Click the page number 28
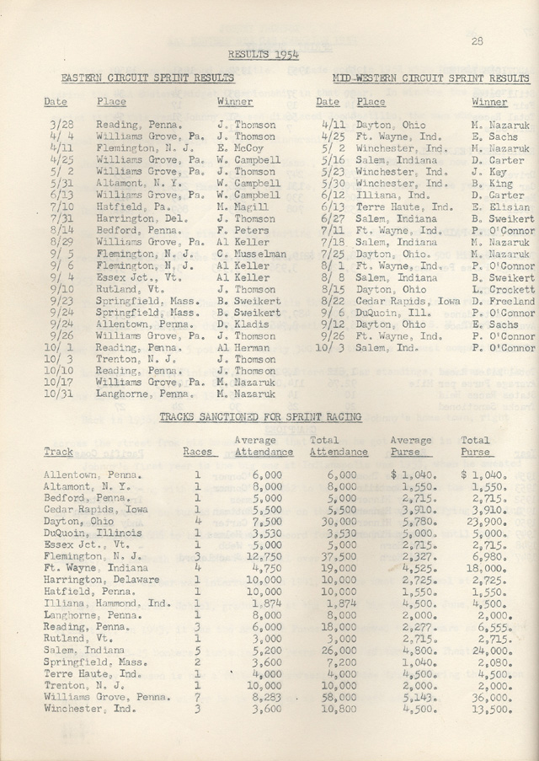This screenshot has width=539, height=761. click(x=477, y=40)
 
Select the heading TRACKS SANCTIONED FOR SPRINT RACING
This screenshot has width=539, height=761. click(x=260, y=416)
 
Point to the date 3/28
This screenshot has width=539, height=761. click(x=61, y=125)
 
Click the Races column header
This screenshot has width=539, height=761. click(x=197, y=452)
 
